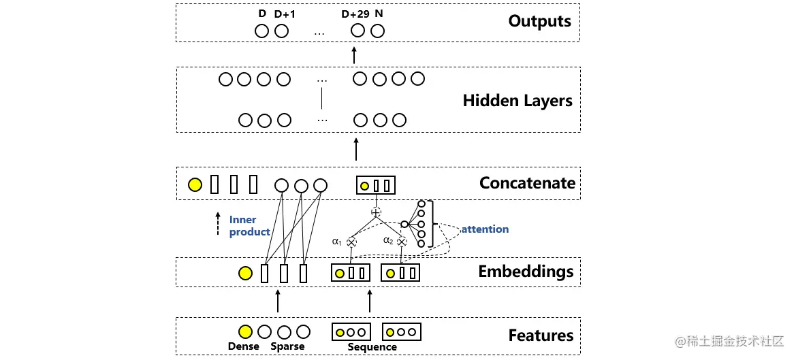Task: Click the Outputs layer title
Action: (x=539, y=21)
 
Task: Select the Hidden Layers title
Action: (x=517, y=101)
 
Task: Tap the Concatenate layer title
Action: (x=527, y=182)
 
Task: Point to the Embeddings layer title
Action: (x=526, y=272)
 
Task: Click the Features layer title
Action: (x=541, y=335)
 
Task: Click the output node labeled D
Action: (x=262, y=31)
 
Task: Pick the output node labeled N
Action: (x=378, y=31)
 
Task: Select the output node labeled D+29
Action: (x=357, y=31)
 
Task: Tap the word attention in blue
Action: (x=485, y=229)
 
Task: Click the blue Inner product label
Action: (x=249, y=226)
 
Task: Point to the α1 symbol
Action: (x=336, y=240)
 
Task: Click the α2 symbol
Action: (x=387, y=240)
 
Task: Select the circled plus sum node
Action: (x=376, y=212)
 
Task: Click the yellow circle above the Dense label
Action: (x=245, y=332)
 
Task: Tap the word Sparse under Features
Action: (x=287, y=346)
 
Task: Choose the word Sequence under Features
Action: (x=372, y=347)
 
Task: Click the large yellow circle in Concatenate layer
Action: (x=195, y=184)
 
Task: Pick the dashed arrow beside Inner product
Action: (x=218, y=223)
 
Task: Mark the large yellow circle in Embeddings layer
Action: (x=245, y=274)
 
